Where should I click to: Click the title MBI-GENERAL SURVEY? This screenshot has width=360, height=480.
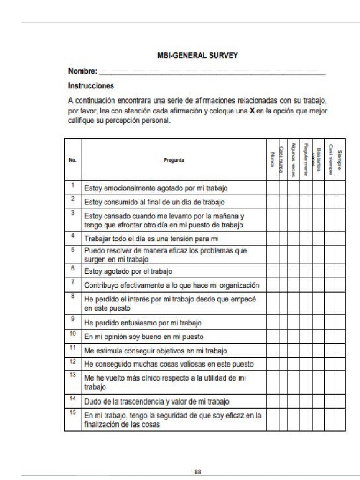(197, 55)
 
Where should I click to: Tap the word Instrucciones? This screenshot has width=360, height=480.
(91, 86)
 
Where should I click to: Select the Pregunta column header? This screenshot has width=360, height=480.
(174, 160)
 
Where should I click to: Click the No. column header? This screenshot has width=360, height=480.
(73, 160)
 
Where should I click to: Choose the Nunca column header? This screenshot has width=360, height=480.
(272, 160)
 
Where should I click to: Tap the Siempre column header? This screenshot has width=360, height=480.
(341, 160)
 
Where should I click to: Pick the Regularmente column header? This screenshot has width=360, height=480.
(306, 160)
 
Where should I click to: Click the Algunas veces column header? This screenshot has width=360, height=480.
(293, 160)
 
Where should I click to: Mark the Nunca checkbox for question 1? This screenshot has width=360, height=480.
(272, 188)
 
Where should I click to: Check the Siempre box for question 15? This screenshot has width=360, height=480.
(341, 420)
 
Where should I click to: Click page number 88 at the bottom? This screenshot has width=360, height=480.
(198, 472)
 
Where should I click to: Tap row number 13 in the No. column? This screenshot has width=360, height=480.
(73, 375)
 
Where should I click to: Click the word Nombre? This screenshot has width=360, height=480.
(82, 72)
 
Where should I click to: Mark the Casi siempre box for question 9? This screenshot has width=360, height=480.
(330, 323)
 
